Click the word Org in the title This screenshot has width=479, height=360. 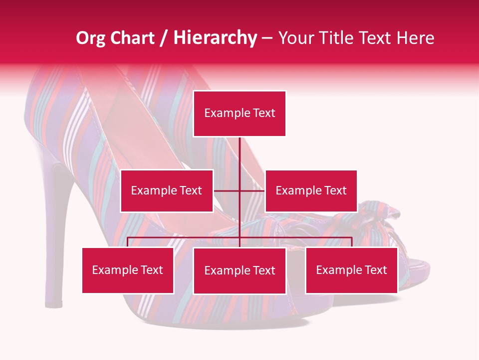[90, 38]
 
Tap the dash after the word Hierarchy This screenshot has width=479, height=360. [267, 39]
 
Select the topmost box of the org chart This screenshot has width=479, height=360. [239, 113]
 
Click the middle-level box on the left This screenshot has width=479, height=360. [167, 190]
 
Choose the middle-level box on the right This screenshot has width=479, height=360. [311, 190]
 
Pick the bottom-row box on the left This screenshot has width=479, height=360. [128, 270]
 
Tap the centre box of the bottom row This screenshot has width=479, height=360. [239, 270]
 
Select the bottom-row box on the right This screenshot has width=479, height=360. [351, 270]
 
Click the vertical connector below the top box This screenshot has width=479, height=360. [239, 155]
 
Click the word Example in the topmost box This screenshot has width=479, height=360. [222, 113]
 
